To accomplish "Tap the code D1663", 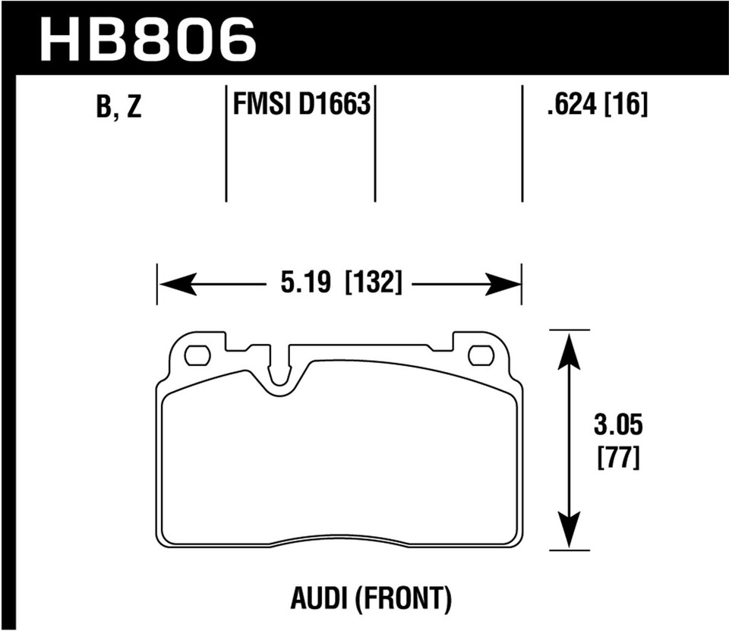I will point(334,104).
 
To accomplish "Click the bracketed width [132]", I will point(372,285).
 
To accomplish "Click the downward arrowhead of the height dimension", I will point(569,528).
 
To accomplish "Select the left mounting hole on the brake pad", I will point(197,355).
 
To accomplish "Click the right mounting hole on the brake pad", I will point(480,355).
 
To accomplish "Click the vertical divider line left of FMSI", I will point(226,144).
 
